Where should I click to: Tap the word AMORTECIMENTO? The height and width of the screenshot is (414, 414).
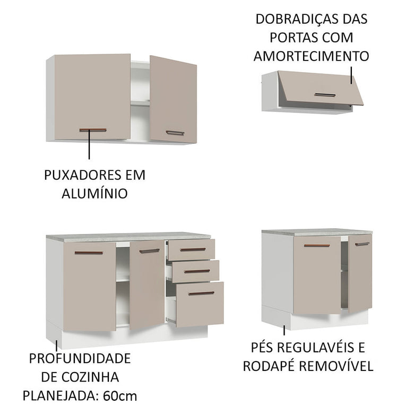(x=311, y=56)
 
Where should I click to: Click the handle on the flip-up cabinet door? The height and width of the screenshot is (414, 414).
(x=324, y=95)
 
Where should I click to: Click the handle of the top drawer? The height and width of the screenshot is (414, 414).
(x=192, y=249)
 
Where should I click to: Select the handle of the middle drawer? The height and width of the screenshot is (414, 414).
(x=197, y=271)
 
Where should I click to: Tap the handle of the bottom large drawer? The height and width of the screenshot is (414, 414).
(x=201, y=293)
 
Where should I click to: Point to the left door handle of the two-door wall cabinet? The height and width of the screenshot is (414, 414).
(x=93, y=130)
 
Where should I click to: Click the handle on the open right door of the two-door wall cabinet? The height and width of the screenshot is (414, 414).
(x=175, y=133)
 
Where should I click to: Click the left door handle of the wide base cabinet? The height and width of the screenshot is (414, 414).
(x=89, y=253)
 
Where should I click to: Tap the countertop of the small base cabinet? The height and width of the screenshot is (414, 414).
(x=316, y=232)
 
